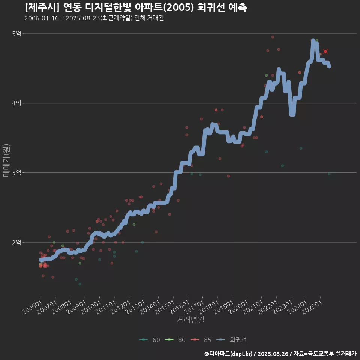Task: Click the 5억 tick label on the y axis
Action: click(16, 34)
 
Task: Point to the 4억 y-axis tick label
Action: click(16, 103)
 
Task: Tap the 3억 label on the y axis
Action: click(16, 173)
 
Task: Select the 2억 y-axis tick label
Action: click(16, 243)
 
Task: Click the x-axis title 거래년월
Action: click(190, 320)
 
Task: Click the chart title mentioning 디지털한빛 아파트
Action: click(136, 7)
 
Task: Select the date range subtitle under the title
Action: click(94, 18)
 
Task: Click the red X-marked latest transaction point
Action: click(325, 51)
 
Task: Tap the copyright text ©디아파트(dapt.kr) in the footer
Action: click(229, 354)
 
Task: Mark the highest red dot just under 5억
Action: click(273, 37)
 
